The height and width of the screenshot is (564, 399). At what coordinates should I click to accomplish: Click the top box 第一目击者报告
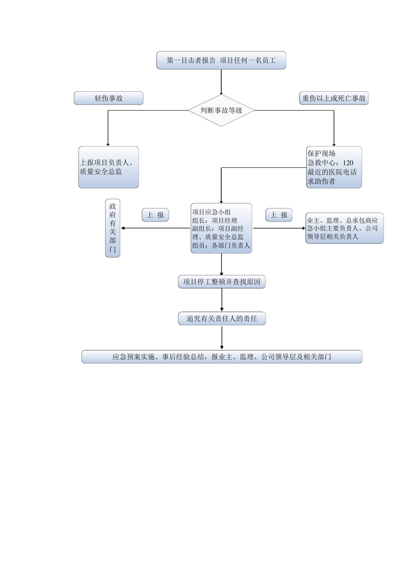(x=221, y=60)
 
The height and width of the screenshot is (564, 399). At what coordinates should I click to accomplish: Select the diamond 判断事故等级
(x=221, y=110)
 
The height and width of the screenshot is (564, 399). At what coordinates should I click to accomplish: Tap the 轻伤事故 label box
(x=108, y=98)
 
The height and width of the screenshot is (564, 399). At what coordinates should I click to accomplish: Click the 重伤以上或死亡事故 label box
(x=334, y=98)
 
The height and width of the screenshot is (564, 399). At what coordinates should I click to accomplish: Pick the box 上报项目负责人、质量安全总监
(x=108, y=167)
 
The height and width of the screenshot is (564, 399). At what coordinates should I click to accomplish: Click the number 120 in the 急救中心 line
(x=348, y=163)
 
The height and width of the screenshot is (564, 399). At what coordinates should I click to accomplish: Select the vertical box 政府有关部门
(x=113, y=228)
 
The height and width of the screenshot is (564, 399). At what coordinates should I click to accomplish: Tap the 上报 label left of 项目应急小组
(x=155, y=215)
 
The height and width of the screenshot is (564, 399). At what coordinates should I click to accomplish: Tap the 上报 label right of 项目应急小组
(x=279, y=215)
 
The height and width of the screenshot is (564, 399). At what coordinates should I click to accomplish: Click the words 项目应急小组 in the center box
(x=211, y=212)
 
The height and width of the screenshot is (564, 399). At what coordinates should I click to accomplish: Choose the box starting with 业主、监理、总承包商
(x=344, y=228)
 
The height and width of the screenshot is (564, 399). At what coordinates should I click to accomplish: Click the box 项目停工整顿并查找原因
(x=222, y=282)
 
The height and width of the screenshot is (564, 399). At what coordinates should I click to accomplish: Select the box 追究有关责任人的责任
(x=222, y=319)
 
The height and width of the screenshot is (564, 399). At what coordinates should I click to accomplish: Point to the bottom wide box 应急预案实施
(x=222, y=357)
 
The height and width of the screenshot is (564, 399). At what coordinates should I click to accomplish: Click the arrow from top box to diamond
(x=221, y=82)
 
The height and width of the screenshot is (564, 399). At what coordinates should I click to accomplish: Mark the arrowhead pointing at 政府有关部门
(x=123, y=228)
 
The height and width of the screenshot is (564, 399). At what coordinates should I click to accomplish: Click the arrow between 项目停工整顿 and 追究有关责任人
(x=222, y=300)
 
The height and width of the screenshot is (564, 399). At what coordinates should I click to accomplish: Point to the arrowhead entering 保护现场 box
(x=334, y=144)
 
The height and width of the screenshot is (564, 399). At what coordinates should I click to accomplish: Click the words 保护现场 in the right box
(x=321, y=154)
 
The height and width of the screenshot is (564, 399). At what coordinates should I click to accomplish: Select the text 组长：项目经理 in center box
(x=215, y=221)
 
